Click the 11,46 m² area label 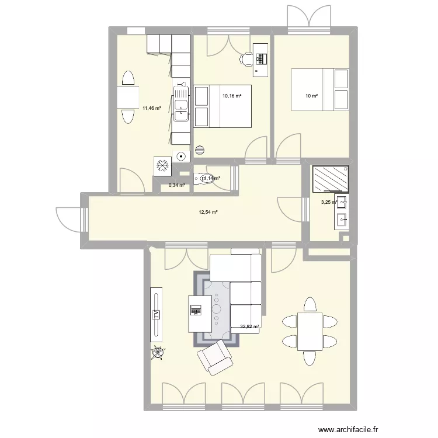[151, 108]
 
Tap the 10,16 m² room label [232, 95]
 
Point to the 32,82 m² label [249, 327]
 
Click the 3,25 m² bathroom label [329, 203]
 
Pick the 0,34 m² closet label [177, 185]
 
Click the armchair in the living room [215, 356]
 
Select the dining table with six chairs [310, 331]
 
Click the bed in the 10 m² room [321, 89]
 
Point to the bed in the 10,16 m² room [222, 106]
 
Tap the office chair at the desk [247, 58]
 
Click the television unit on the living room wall [156, 314]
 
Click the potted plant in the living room [158, 352]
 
